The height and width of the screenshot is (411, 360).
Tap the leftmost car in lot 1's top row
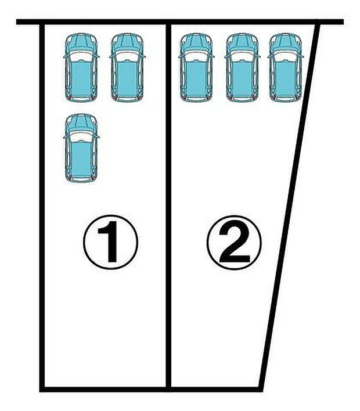(81, 68)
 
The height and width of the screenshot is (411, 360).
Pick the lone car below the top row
(81, 149)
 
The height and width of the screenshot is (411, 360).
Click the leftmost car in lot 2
(196, 68)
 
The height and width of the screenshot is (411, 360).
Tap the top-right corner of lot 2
(319, 24)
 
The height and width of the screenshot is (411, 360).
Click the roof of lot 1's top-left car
(81, 75)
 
